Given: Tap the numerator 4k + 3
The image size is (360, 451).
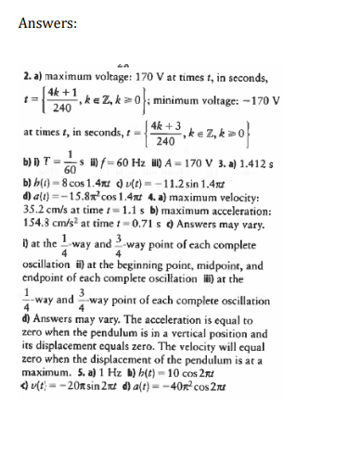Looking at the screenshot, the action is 210,135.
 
